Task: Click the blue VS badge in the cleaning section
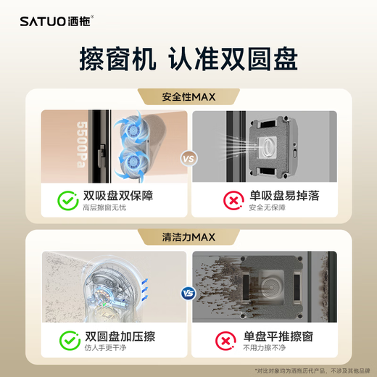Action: coord(188,294)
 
